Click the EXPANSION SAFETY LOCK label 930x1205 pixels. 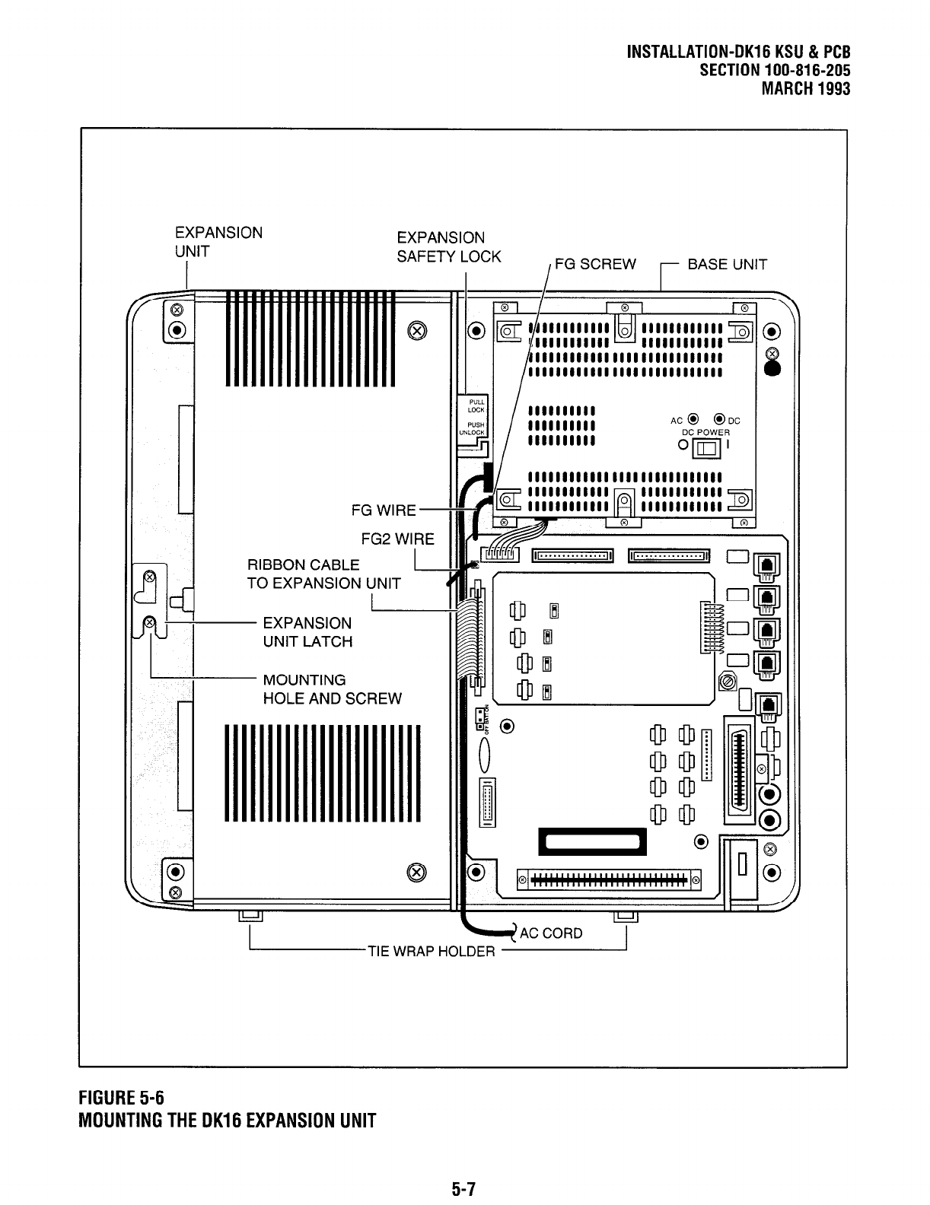(448, 247)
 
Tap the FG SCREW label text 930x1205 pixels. (595, 265)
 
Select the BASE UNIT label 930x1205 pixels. (727, 265)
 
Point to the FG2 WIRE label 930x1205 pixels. (397, 539)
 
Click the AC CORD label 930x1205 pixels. (552, 933)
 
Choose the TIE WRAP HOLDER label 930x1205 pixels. (432, 951)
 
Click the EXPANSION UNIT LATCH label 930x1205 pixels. (307, 632)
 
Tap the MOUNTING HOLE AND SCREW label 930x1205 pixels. (332, 689)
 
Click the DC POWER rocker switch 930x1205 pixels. (707, 448)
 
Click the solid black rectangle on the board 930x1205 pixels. (592, 841)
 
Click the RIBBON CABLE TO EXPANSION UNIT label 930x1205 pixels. (323, 574)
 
